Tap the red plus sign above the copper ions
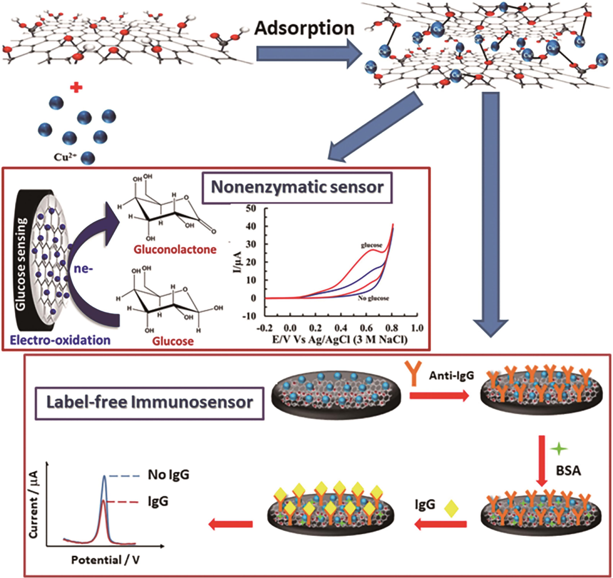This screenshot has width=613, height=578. pyautogui.click(x=76, y=88)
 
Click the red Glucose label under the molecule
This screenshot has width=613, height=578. pyautogui.click(x=173, y=341)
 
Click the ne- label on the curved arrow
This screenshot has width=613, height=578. pyautogui.click(x=84, y=270)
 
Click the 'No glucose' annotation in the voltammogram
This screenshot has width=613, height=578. pyautogui.click(x=373, y=298)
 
